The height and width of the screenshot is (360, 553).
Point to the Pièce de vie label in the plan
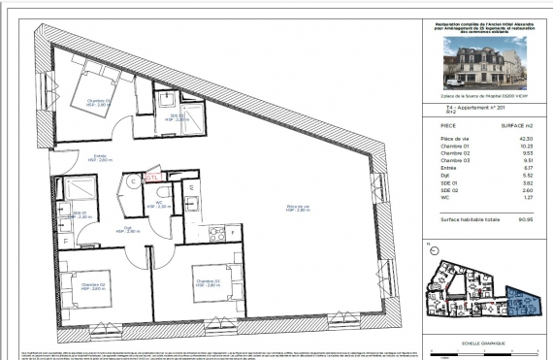pyautogui.click(x=298, y=207)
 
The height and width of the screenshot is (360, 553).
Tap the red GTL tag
pyautogui.click(x=151, y=179)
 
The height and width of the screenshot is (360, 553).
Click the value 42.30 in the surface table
pyautogui.click(x=526, y=139)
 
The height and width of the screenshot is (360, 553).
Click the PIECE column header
pyautogui.click(x=449, y=126)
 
